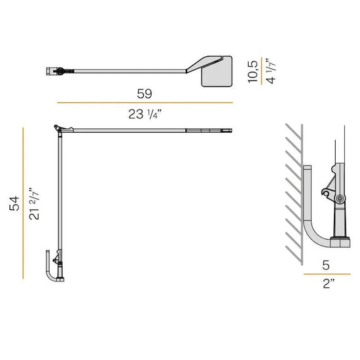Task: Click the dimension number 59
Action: [145, 94]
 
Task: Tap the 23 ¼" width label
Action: [145, 114]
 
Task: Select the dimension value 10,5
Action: [253, 71]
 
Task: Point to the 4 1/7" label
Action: [271, 71]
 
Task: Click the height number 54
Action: [14, 204]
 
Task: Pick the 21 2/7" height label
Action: [34, 204]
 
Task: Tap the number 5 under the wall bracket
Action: [326, 265]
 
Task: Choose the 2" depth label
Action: [329, 283]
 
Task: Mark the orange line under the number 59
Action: [145, 103]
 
